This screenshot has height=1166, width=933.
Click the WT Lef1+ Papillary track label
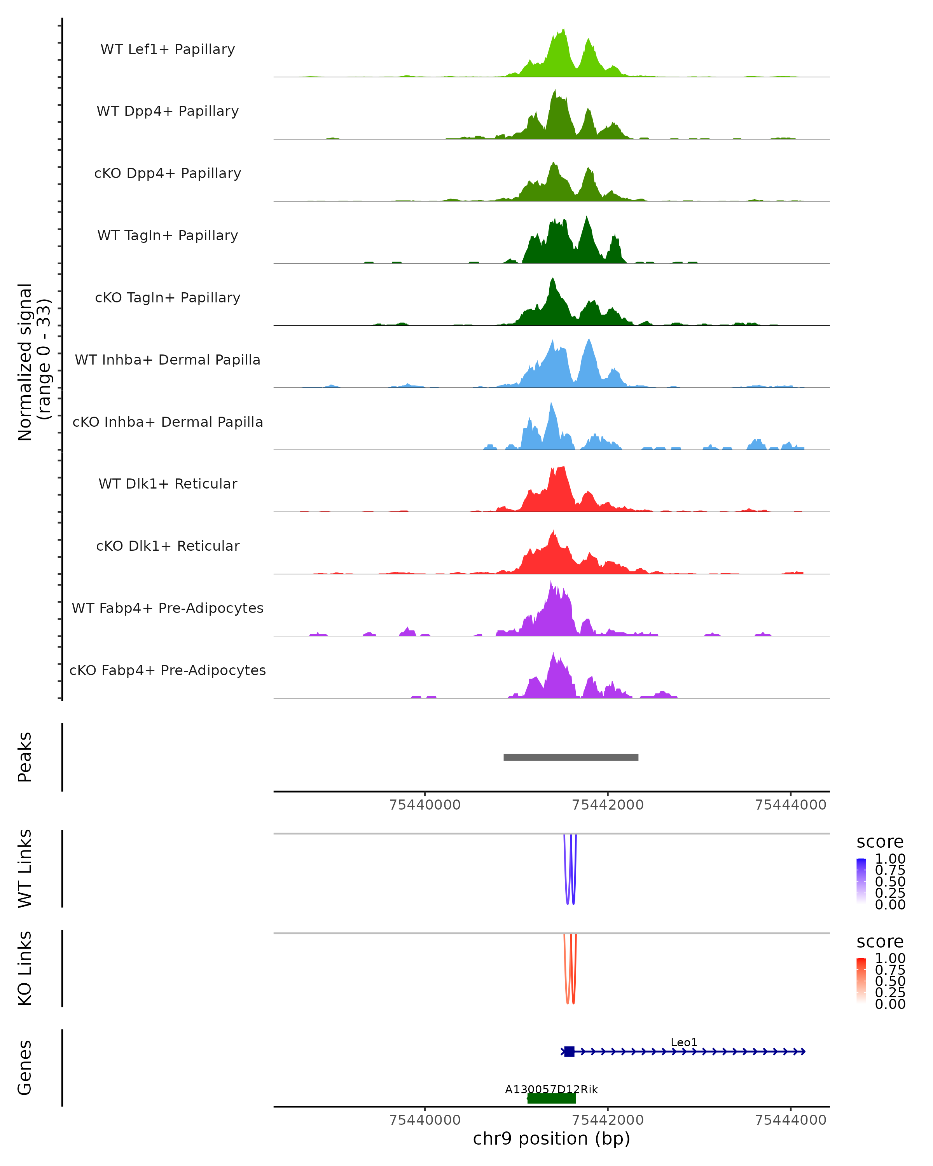coord(168,50)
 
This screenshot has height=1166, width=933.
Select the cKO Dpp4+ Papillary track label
coord(168,174)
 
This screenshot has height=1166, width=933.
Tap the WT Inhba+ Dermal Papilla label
coord(168,360)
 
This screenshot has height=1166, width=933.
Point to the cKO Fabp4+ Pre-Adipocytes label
coord(168,670)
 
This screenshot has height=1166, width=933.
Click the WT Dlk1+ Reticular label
coord(168,484)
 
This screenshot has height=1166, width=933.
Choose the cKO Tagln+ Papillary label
coord(168,298)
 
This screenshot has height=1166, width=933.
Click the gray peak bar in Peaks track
coord(571,757)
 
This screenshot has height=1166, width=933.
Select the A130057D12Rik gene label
coord(551,1089)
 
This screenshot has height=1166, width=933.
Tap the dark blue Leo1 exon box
coord(569,1051)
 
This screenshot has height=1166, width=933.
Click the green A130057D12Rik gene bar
coord(551,1098)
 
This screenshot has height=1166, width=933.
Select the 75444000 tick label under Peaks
coord(790,805)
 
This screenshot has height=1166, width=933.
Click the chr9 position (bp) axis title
coord(551,1139)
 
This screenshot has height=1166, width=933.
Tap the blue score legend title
coord(879,842)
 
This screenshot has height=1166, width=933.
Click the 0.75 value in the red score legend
coord(890,970)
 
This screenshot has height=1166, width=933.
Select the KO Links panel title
coord(25,968)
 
